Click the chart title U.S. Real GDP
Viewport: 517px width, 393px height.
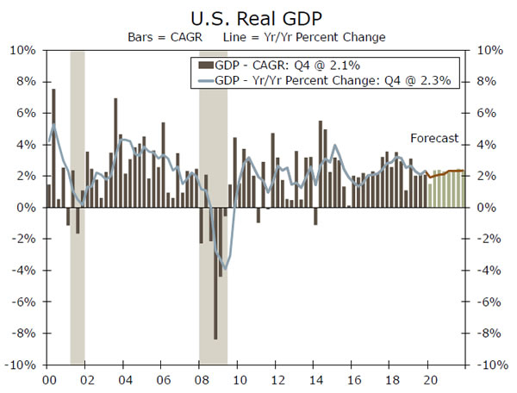click(258, 16)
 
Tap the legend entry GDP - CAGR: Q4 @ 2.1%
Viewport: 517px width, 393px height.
click(283, 65)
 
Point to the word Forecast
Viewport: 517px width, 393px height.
click(434, 138)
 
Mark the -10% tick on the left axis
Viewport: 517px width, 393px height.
click(21, 365)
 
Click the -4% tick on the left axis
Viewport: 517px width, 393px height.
click(23, 271)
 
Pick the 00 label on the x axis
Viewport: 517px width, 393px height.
click(49, 379)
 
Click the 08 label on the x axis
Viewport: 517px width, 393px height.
click(200, 379)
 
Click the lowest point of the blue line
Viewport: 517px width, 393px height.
click(225, 268)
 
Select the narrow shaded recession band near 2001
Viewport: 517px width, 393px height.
click(77, 207)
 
